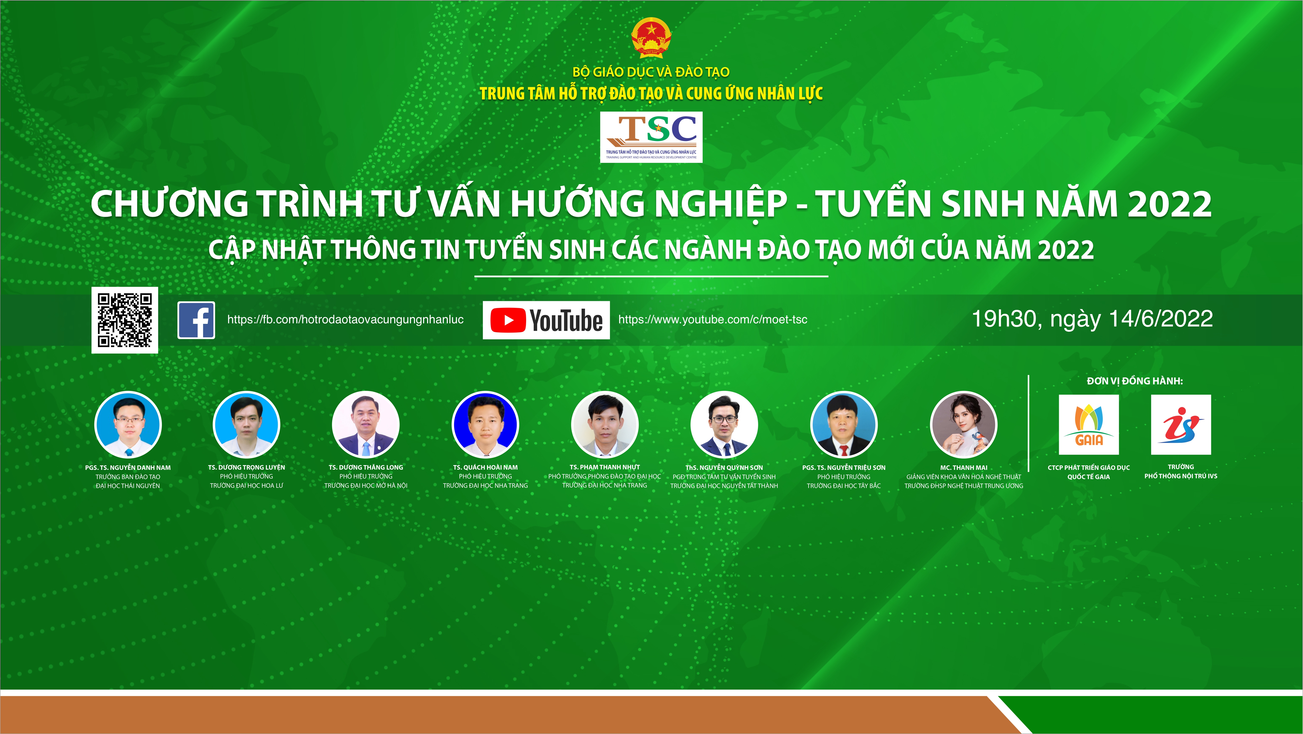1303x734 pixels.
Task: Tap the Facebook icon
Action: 196,320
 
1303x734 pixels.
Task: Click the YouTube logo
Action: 546,320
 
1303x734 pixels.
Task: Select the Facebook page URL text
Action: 346,319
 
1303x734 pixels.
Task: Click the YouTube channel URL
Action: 713,319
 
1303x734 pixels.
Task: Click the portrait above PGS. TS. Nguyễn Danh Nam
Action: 128,425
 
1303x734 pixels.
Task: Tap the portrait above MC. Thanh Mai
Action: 964,425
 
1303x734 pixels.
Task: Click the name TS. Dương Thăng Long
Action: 366,467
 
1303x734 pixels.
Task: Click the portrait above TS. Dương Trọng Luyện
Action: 246,425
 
